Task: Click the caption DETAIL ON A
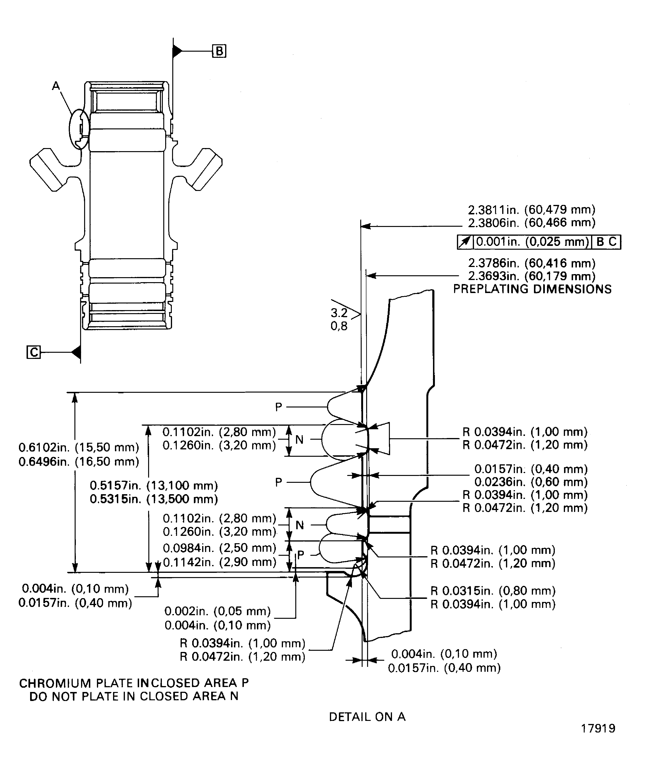pyautogui.click(x=367, y=717)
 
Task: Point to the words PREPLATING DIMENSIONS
pyautogui.click(x=532, y=289)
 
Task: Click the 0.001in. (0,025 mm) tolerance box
pyautogui.click(x=533, y=242)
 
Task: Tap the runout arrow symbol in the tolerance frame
pyautogui.click(x=465, y=242)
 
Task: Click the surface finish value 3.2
pyautogui.click(x=339, y=313)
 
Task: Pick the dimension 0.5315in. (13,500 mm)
pyautogui.click(x=154, y=499)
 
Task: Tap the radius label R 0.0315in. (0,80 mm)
pyautogui.click(x=493, y=591)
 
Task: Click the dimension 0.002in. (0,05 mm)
pyautogui.click(x=217, y=611)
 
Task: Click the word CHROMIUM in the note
pyautogui.click(x=55, y=683)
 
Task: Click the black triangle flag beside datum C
pyautogui.click(x=76, y=352)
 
